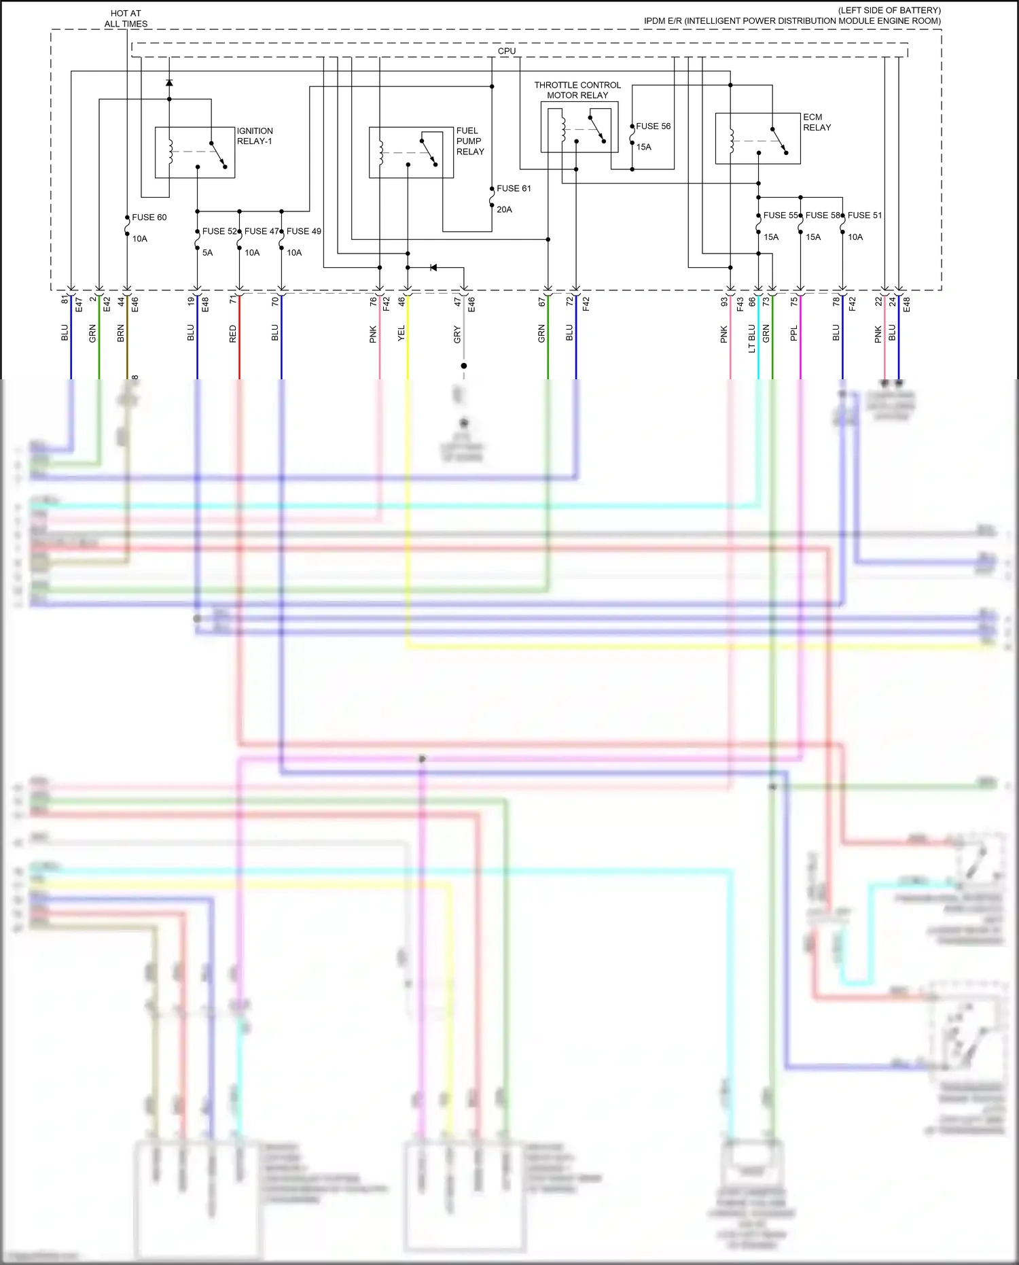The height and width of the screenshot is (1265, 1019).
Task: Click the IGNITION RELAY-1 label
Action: (255, 136)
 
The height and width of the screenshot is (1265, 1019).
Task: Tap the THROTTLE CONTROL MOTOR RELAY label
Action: (577, 90)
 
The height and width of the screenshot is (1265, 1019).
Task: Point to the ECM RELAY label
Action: (817, 122)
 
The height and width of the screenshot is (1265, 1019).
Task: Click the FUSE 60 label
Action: (149, 218)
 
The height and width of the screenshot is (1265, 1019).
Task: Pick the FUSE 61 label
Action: (514, 188)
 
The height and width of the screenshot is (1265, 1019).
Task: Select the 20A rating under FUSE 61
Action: (504, 209)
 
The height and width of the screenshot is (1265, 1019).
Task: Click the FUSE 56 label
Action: (653, 126)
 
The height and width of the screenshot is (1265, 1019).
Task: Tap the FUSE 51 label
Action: (865, 215)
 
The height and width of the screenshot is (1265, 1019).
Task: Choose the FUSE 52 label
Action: (219, 231)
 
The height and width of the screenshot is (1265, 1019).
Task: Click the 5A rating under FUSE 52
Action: (207, 253)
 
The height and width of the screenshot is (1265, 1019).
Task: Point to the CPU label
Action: (507, 51)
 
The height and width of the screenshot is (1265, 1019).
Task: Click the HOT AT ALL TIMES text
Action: (126, 18)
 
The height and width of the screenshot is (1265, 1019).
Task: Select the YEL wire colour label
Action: (401, 333)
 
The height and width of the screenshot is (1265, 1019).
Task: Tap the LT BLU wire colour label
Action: (752, 339)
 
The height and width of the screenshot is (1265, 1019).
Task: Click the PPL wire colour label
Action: (794, 333)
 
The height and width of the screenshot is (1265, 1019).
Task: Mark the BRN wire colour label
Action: (121, 333)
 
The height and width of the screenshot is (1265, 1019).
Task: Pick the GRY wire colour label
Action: (457, 334)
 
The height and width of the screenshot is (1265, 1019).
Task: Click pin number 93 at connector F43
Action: (725, 301)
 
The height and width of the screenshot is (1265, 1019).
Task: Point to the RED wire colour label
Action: (233, 333)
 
